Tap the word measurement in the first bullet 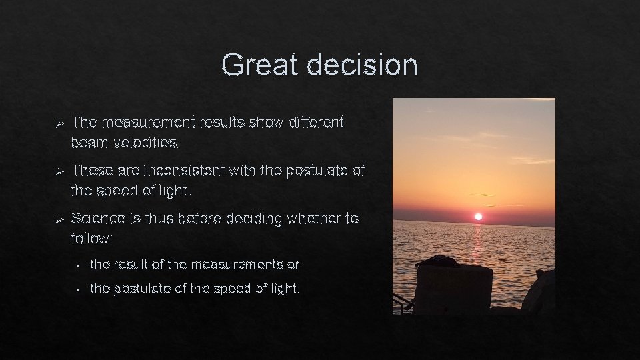151,123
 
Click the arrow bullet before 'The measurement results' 59,123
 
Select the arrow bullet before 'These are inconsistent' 59,171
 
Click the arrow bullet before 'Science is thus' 59,219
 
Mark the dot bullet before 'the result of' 78,265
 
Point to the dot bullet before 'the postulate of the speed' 78,289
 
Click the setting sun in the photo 477,216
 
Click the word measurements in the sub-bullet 237,265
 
